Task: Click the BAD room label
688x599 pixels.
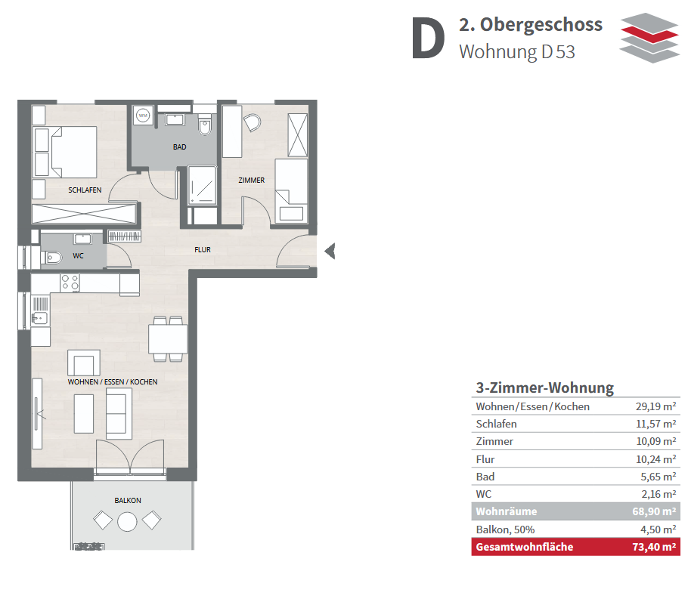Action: (179, 147)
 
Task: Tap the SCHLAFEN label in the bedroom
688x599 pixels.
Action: (85, 190)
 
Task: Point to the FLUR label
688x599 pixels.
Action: (203, 249)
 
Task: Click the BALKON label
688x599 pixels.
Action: (128, 500)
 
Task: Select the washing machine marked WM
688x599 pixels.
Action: (143, 116)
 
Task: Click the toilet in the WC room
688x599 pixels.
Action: (51, 257)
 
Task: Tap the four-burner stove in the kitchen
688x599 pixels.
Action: (70, 283)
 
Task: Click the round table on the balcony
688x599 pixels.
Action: (127, 522)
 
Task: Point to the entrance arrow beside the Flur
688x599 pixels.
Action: (330, 252)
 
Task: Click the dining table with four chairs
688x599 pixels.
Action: (168, 339)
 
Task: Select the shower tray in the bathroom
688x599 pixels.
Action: (203, 185)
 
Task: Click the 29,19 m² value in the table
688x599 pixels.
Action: (656, 406)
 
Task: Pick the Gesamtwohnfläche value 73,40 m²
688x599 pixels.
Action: (654, 547)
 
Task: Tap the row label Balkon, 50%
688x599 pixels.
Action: (505, 530)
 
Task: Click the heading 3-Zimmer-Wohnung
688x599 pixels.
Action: (545, 387)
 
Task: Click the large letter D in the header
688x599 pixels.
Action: (428, 39)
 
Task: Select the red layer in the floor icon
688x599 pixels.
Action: (650, 34)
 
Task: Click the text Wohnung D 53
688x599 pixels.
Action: (517, 52)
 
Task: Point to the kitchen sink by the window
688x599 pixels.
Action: (40, 317)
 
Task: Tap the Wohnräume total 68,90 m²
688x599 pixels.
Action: (654, 511)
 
